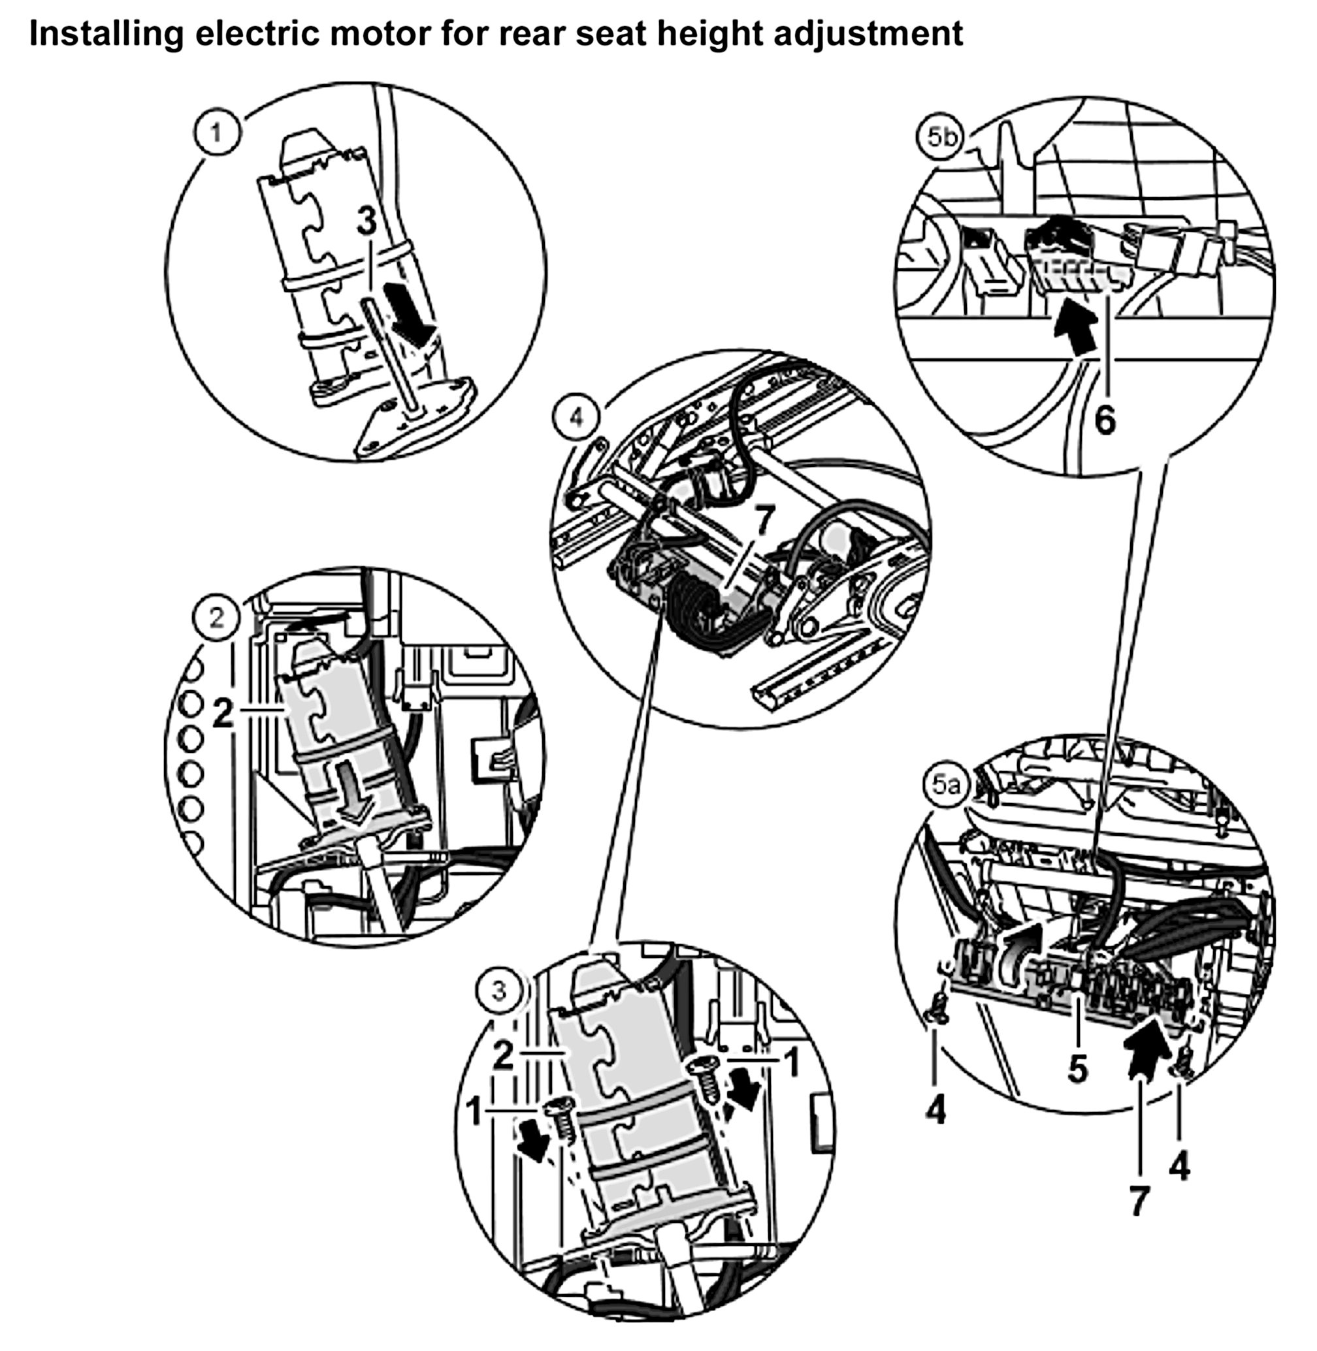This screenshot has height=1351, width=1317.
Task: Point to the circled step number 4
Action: coord(576,418)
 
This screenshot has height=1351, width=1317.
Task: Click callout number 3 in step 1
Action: coord(366,221)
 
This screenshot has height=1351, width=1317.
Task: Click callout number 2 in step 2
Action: coord(223,713)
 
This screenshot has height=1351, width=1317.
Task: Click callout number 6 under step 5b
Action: coord(1105,419)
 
